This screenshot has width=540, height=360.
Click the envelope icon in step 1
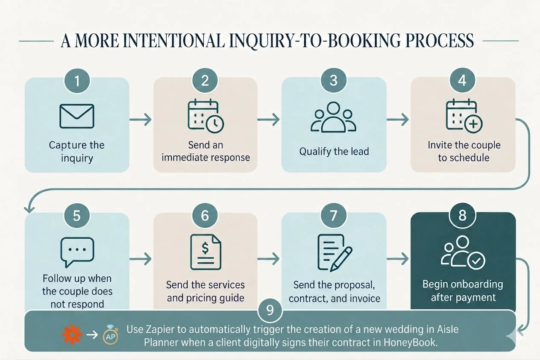click(x=76, y=116)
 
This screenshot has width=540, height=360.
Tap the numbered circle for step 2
click(x=205, y=80)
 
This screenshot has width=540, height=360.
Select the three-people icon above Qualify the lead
click(x=333, y=117)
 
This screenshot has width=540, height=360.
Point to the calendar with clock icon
click(x=205, y=116)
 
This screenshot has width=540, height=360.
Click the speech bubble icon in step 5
click(x=77, y=252)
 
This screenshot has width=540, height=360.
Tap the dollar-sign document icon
click(x=205, y=252)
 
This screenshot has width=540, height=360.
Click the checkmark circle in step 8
click(x=476, y=261)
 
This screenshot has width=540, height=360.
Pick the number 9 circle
click(x=270, y=310)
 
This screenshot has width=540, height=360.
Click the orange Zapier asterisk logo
click(x=72, y=335)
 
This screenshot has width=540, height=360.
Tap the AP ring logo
click(x=111, y=335)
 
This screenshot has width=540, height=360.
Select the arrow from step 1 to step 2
click(x=141, y=120)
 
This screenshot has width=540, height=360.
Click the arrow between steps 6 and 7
click(x=269, y=259)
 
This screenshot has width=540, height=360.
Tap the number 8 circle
click(x=462, y=215)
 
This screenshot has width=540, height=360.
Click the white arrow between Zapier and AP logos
click(x=92, y=335)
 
